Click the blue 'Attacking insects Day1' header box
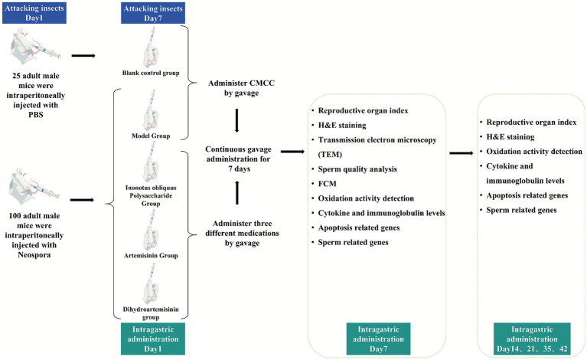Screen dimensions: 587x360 [x=34, y=13]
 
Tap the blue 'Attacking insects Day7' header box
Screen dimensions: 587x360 [x=153, y=13]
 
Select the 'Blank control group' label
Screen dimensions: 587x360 [x=151, y=73]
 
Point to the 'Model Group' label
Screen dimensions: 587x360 [x=151, y=136]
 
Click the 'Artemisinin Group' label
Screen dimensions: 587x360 [x=151, y=256]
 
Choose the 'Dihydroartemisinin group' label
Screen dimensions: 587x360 [x=151, y=313]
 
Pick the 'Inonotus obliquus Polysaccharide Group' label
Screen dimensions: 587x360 [x=151, y=195]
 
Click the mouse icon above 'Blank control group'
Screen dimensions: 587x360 [x=151, y=47]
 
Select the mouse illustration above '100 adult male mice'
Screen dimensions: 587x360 [x=34, y=186]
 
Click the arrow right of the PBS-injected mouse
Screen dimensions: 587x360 [x=83, y=56]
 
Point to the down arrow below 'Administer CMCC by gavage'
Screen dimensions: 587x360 [x=236, y=120]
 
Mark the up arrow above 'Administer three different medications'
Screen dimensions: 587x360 [x=237, y=192]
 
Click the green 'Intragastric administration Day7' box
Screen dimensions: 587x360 [x=378, y=339]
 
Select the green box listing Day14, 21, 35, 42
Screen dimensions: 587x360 [x=532, y=339]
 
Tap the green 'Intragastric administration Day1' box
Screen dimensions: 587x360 [x=153, y=339]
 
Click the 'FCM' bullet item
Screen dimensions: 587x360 [x=328, y=184]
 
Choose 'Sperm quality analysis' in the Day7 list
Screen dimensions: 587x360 [x=357, y=169]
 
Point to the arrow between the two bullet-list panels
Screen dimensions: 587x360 [x=461, y=153]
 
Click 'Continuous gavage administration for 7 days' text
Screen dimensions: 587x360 [x=238, y=159]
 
